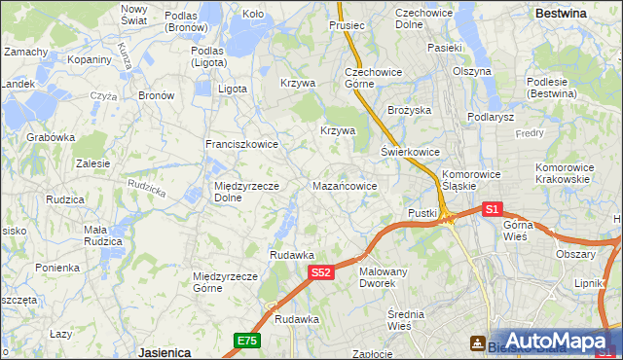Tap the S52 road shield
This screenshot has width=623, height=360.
coord(323,273)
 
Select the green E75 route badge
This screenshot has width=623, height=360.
coord(246,340)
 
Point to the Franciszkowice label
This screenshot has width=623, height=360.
coord(241,144)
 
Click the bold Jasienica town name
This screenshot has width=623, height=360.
coord(164,351)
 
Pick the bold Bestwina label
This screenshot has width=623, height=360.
coord(561,14)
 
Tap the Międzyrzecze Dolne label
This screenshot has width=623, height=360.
coord(247,192)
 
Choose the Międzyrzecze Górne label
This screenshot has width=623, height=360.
coord(225,282)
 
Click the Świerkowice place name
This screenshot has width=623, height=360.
coord(410,153)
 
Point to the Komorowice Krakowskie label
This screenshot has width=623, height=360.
coord(564,173)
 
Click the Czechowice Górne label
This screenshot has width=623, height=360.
coord(367,78)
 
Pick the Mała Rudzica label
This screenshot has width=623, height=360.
coord(102,235)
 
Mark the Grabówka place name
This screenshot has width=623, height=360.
coord(51,137)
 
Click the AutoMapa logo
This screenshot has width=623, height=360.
coord(556,342)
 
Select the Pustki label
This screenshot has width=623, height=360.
coord(422,213)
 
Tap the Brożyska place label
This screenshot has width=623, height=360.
coord(409,111)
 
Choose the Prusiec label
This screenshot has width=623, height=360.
coord(347,25)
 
